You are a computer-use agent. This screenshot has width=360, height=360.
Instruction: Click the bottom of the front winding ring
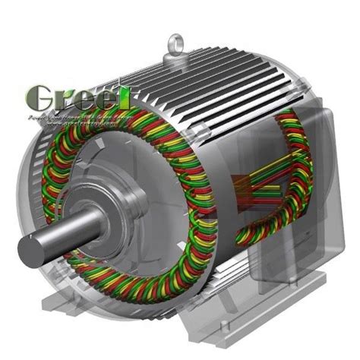coord(144,292)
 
